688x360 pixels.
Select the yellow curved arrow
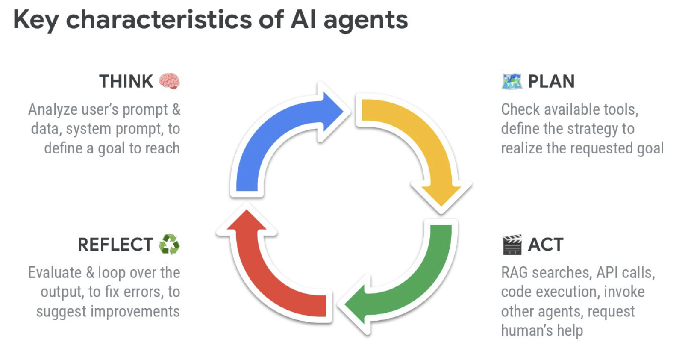point(423,137)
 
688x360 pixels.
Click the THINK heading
point(126,81)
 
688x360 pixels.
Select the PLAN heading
point(551,81)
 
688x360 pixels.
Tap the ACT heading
point(546,245)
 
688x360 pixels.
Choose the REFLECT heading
point(115,245)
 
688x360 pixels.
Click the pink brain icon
point(169,81)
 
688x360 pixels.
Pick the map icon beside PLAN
point(512,81)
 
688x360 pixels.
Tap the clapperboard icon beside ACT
point(512,245)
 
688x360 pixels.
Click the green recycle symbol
point(169,245)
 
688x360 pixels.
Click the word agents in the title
point(365,21)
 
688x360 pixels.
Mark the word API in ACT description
point(607,272)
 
